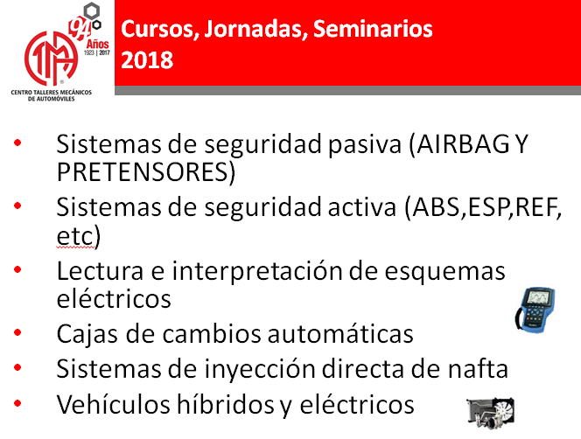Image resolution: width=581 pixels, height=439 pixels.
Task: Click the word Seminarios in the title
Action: pos(373,29)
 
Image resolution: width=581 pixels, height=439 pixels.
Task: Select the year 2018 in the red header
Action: pos(147,60)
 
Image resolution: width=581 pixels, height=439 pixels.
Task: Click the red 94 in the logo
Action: pos(80,29)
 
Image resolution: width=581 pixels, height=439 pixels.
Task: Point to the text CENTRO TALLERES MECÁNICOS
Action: pos(51,92)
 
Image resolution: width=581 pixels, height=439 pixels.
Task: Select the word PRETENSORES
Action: pos(143,171)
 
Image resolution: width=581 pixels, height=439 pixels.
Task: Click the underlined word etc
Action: pos(75,235)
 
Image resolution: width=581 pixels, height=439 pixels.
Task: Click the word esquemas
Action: pos(444,272)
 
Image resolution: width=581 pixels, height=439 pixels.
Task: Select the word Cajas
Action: pos(88,334)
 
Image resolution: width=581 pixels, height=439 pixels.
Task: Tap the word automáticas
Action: pos(340,333)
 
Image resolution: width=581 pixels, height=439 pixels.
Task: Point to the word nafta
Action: pos(478,369)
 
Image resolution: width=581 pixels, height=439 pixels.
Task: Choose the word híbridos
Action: pos(225,404)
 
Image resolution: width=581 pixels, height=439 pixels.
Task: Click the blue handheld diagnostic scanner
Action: pos(535,310)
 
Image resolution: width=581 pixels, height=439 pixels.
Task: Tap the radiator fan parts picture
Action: pos(490,413)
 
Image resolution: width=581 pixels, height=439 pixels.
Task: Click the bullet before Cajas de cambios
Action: pos(17,332)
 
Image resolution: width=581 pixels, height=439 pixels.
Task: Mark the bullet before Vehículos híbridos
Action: pos(17,403)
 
